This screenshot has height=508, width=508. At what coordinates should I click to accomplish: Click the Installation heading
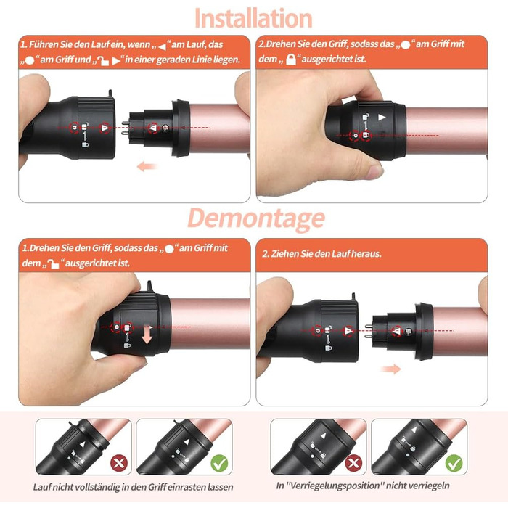coord(253,18)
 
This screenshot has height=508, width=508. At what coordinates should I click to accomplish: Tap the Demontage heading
coord(256,218)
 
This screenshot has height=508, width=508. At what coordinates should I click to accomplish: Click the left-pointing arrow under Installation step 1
coord(147,167)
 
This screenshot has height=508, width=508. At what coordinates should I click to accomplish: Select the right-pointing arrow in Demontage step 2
coord(391,369)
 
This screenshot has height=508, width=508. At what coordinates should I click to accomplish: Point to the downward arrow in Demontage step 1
coord(147,335)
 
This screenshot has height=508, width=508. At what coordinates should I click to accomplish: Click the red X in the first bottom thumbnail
coord(119,463)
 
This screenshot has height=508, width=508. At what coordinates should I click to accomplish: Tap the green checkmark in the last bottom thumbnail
coord(454,463)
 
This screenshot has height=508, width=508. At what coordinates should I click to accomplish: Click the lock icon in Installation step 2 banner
coord(291,60)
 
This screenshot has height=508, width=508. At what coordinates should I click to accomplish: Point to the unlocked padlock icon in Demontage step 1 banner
coord(54,263)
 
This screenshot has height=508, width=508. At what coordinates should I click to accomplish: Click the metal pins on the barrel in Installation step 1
coord(125,127)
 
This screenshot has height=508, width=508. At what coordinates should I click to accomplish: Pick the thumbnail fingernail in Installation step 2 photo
coord(375,171)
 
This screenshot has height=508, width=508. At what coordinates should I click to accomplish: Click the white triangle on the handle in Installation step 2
coord(382,118)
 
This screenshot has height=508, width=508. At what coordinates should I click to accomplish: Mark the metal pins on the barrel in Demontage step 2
coord(369,331)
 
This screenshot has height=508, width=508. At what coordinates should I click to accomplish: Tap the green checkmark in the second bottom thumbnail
coord(219,463)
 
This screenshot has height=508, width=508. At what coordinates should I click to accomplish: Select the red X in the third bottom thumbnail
coord(353,463)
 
